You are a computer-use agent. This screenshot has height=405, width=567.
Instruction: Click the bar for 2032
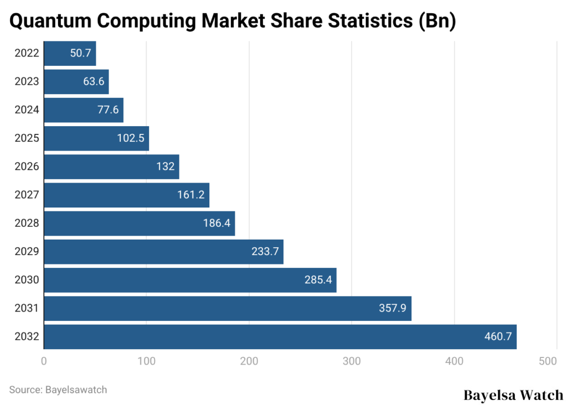coord(280,337)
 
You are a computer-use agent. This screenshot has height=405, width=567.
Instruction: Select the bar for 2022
coord(70,54)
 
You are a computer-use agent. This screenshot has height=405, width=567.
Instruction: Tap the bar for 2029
coord(163,252)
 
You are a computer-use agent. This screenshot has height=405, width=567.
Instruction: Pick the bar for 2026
coord(111,167)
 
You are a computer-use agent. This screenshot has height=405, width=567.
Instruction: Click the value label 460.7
coord(498,337)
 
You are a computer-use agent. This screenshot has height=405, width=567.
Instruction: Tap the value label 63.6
coord(92,82)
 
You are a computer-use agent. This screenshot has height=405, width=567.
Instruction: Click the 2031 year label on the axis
coord(27,308)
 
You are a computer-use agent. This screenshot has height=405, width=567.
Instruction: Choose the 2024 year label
coord(27,110)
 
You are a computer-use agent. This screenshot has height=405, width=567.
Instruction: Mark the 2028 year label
coord(27,223)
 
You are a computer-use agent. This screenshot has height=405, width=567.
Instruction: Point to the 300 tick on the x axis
coord(352,362)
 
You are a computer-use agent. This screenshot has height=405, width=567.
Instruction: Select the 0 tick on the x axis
coord(44,362)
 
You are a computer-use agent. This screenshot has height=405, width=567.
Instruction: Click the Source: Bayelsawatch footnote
coord(58,390)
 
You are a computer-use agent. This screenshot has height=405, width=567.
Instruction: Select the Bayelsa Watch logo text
coord(513,395)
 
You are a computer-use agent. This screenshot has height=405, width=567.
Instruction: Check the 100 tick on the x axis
coord(146,362)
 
